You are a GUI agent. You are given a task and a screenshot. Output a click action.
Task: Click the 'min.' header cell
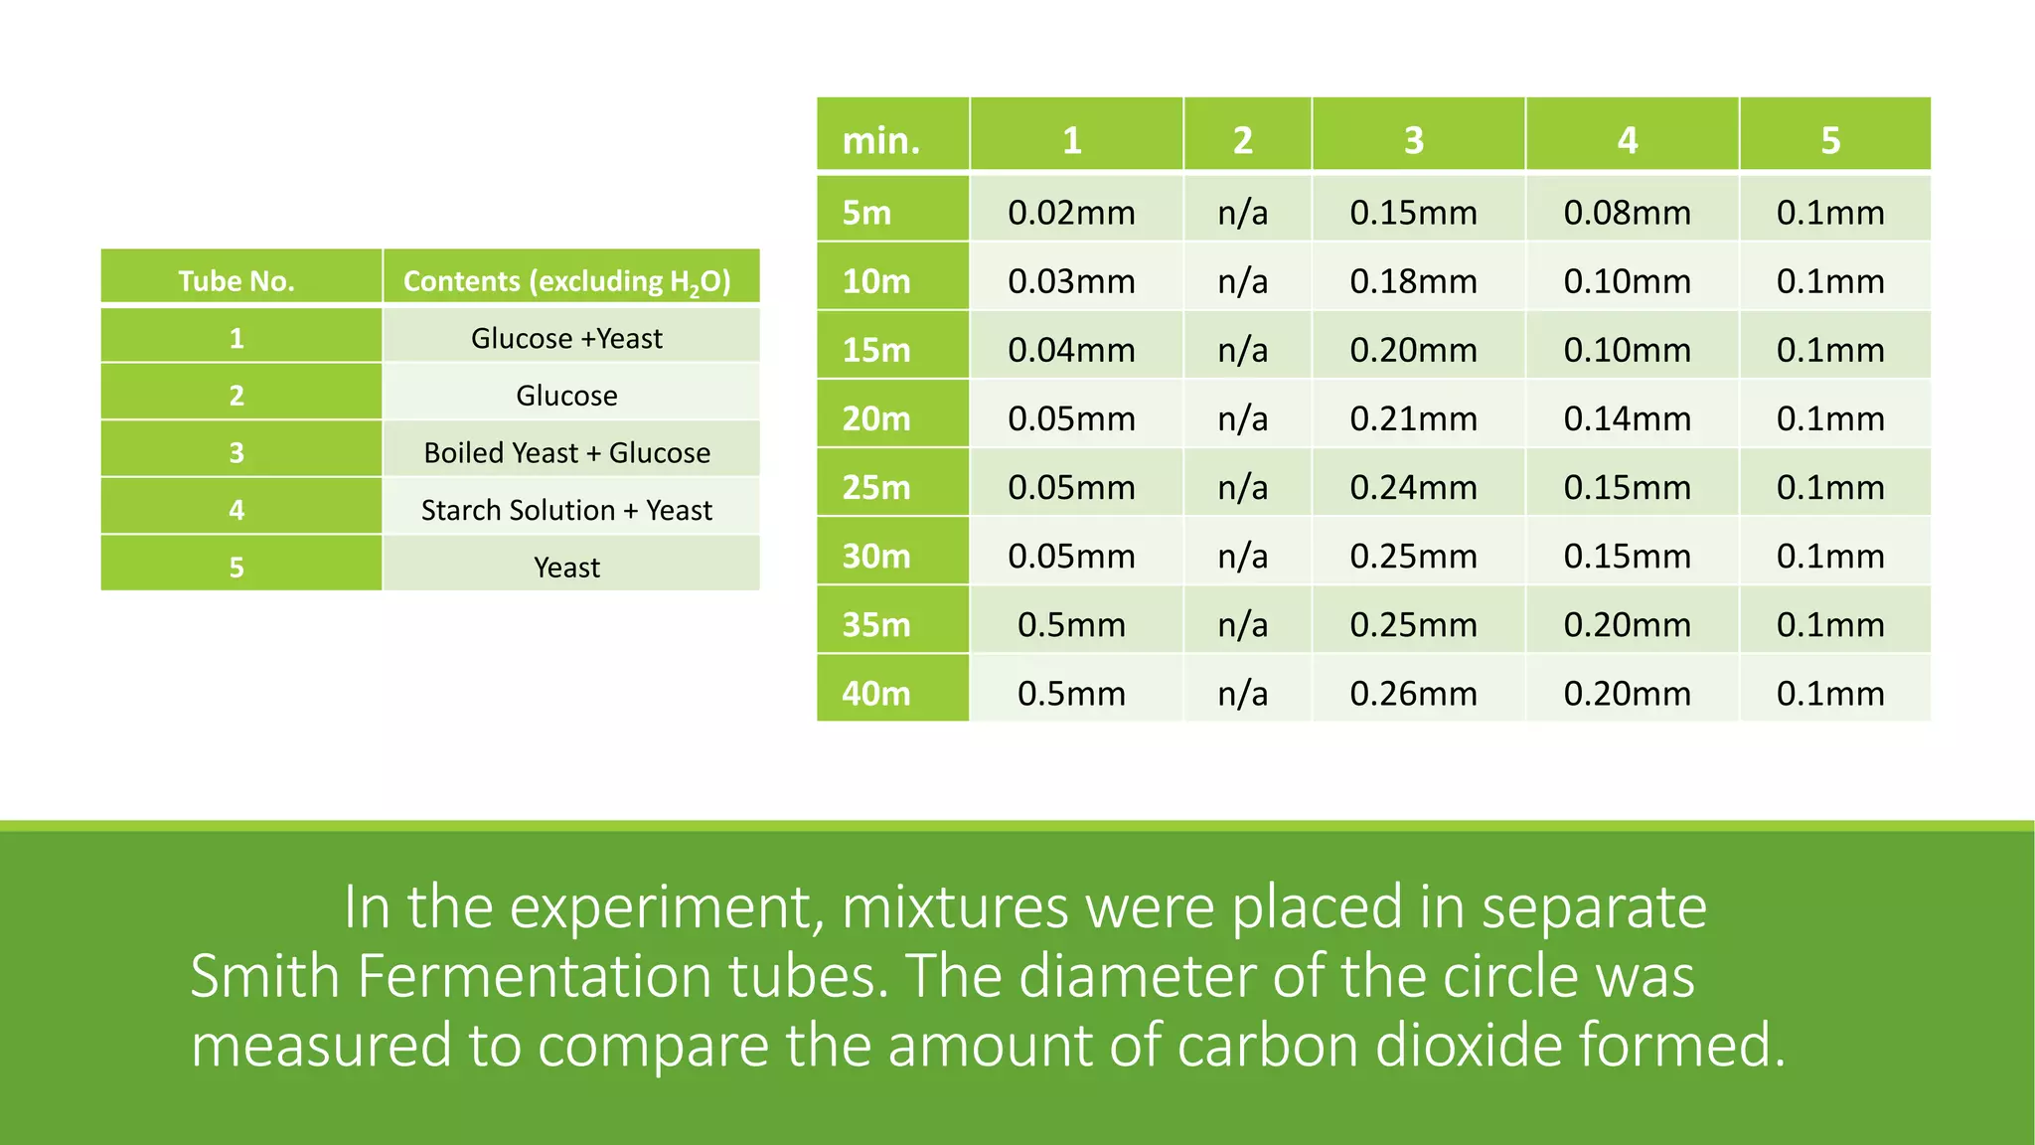pos(881,140)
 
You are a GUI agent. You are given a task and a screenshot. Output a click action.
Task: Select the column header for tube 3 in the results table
pos(1413,140)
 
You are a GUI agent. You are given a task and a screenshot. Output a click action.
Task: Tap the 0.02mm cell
pos(1071,213)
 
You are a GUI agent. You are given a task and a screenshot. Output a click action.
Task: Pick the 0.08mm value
pos(1627,213)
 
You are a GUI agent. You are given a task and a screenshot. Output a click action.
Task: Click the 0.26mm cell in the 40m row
pos(1413,693)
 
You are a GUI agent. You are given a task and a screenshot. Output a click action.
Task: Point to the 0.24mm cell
pos(1413,487)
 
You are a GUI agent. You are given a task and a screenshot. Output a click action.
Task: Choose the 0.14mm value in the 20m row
pos(1627,418)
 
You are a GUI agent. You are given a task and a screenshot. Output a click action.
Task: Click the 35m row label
pos(876,624)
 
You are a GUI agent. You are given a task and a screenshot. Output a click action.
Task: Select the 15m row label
pos(876,350)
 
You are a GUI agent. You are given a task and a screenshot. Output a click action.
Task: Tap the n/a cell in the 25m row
pos(1243,487)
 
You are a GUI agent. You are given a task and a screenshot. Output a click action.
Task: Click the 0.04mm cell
pos(1071,350)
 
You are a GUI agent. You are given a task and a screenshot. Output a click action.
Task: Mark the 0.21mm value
pos(1413,418)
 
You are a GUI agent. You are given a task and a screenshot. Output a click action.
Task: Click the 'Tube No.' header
pos(236,281)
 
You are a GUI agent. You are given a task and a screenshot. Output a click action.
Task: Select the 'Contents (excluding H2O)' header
pos(567,281)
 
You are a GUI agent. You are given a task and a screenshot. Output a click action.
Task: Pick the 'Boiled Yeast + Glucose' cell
pos(567,453)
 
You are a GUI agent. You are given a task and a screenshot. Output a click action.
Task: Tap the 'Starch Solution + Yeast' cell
pos(567,510)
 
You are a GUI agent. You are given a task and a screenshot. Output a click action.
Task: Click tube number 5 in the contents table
pos(236,568)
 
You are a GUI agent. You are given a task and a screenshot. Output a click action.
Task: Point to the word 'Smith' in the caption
pos(265,976)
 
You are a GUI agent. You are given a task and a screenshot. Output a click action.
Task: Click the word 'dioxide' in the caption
pos(1466,1046)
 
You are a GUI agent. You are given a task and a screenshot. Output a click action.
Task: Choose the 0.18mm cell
pos(1413,281)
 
